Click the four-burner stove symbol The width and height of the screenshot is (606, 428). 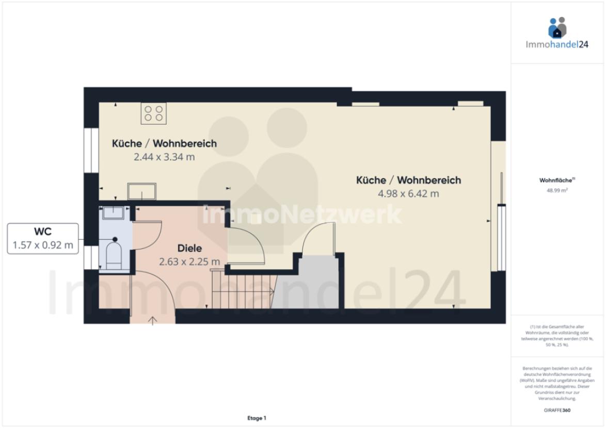[153, 113]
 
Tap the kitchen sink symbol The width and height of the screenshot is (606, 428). [142, 191]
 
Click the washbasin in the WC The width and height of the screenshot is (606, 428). [113, 212]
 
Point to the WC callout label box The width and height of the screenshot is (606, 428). [43, 239]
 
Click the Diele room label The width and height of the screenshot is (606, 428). [189, 248]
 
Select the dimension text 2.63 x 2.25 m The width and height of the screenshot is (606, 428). [189, 261]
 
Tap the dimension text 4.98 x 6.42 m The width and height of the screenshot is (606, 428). [408, 194]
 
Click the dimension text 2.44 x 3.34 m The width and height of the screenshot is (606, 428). [164, 157]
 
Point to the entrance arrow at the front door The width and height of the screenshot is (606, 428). [152, 320]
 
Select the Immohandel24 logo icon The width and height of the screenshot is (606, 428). [557, 27]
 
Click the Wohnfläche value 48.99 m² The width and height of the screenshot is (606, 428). [557, 190]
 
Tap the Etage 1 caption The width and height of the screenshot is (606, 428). [257, 418]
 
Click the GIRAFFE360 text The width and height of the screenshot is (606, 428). [557, 410]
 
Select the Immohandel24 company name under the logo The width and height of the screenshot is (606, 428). [557, 44]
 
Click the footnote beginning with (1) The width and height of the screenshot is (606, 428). [557, 336]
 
